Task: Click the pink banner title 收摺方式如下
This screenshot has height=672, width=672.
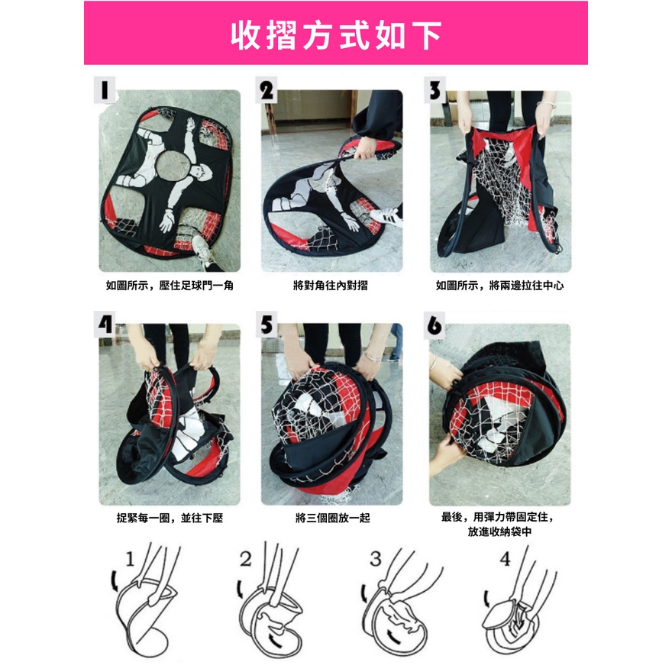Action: click(x=336, y=35)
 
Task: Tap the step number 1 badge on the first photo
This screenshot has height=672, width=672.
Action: click(x=105, y=89)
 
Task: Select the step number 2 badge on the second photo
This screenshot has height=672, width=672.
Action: click(x=267, y=89)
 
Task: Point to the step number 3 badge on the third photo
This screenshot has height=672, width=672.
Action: click(x=435, y=89)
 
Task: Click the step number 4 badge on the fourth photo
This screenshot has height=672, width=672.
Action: click(x=105, y=324)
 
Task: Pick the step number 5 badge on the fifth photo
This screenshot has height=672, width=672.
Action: click(x=267, y=324)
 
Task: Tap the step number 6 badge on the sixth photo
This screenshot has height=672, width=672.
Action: click(x=435, y=325)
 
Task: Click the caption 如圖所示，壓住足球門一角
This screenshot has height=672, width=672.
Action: click(x=170, y=286)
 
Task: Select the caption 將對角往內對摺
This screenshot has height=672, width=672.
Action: click(x=331, y=286)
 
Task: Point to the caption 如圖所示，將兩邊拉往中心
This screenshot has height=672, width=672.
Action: click(x=499, y=286)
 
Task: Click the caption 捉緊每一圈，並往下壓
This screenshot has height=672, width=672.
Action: click(x=170, y=518)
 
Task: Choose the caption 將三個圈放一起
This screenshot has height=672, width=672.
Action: click(x=333, y=518)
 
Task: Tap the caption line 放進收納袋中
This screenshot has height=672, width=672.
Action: click(x=499, y=531)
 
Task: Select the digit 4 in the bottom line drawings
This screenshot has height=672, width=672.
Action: click(x=506, y=559)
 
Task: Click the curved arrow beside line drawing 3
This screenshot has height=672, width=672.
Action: click(x=364, y=593)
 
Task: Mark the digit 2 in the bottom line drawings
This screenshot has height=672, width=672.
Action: click(x=246, y=559)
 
